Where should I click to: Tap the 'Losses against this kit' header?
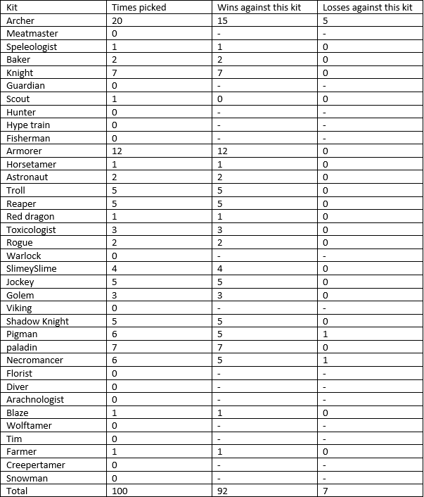[x=366, y=7]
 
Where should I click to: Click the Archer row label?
[x=20, y=20]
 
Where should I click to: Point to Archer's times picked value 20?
[x=117, y=20]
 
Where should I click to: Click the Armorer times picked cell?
[x=117, y=151]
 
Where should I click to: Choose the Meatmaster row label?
[x=32, y=33]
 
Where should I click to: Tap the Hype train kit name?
[x=28, y=125]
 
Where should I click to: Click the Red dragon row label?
[x=30, y=217]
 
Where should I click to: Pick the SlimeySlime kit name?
[x=32, y=269]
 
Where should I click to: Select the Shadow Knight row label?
[x=38, y=321]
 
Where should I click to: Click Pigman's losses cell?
[x=325, y=334]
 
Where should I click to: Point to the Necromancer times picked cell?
[x=115, y=360]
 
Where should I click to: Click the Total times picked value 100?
[x=120, y=491]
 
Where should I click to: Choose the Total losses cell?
[x=325, y=491]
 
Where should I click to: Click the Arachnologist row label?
[x=35, y=400]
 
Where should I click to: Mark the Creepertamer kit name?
[x=35, y=465]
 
